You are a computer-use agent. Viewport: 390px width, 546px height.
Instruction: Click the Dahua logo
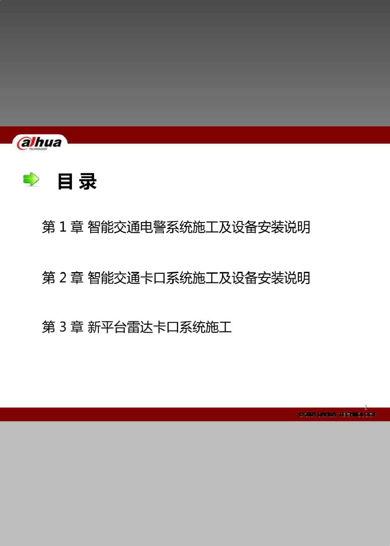[x=39, y=143]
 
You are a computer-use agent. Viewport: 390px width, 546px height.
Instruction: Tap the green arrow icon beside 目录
[x=31, y=179]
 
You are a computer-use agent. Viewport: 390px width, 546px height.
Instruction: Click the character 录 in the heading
[x=88, y=181]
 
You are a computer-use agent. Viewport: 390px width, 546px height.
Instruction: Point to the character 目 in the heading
[x=65, y=181]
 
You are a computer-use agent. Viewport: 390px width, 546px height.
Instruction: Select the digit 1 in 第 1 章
[x=63, y=227]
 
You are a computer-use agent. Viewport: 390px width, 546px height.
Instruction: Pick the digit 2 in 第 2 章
[x=63, y=278]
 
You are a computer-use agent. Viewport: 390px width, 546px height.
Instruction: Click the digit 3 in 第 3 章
[x=63, y=327]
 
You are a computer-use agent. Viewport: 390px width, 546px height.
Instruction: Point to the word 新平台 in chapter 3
[x=107, y=327]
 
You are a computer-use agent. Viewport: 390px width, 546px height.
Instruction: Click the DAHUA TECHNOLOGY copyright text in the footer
[x=337, y=415]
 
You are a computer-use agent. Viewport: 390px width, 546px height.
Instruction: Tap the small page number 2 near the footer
[x=366, y=407]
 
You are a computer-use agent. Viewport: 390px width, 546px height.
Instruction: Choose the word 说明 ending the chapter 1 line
[x=297, y=227]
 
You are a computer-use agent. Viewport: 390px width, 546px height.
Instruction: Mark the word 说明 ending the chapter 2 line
[x=297, y=278]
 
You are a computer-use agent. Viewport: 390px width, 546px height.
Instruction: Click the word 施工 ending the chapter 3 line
[x=218, y=327]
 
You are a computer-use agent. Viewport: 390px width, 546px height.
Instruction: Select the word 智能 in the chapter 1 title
[x=101, y=227]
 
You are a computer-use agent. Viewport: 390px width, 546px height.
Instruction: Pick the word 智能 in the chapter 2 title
[x=101, y=278]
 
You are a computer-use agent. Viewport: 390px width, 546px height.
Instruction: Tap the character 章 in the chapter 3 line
[x=77, y=327]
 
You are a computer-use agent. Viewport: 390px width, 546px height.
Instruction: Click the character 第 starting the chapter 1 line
[x=48, y=227]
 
